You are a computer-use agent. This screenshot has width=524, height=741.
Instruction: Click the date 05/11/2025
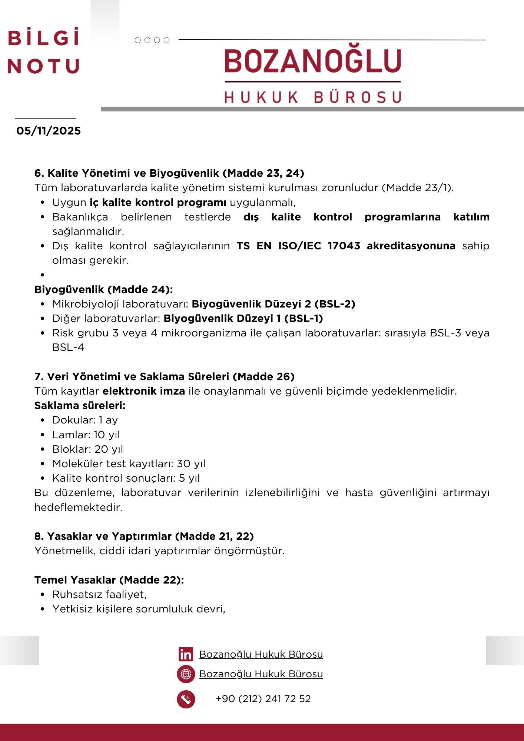(x=49, y=131)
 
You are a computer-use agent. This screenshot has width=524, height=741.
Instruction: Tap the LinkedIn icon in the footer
(x=186, y=655)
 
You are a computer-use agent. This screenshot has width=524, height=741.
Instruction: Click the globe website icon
(x=186, y=674)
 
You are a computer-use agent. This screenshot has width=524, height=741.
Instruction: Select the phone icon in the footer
(x=186, y=699)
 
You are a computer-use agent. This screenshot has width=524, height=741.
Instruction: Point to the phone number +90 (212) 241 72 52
(x=263, y=699)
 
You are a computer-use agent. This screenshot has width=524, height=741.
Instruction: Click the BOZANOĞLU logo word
(x=313, y=61)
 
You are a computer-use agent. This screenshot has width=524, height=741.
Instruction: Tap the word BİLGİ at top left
(x=44, y=38)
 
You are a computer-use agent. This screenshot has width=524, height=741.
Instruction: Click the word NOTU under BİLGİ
(x=44, y=66)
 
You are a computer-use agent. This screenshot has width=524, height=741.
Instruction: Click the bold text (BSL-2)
(x=335, y=304)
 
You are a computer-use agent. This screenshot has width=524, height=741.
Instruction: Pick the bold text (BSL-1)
(x=304, y=319)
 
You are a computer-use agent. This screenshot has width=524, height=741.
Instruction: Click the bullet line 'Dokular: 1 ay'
(x=85, y=420)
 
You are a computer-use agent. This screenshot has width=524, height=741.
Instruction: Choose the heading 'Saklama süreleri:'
(x=80, y=406)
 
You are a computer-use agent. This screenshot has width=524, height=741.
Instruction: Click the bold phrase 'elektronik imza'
(x=144, y=391)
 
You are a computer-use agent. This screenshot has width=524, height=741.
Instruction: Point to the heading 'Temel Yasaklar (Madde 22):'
(x=109, y=580)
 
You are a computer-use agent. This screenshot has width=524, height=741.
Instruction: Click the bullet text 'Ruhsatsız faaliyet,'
(x=99, y=595)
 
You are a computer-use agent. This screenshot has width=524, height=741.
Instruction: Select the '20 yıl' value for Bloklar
(x=109, y=449)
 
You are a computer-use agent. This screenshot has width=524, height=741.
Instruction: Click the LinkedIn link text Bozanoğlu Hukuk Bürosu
(x=261, y=655)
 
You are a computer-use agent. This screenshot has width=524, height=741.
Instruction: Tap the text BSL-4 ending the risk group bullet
(x=68, y=348)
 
